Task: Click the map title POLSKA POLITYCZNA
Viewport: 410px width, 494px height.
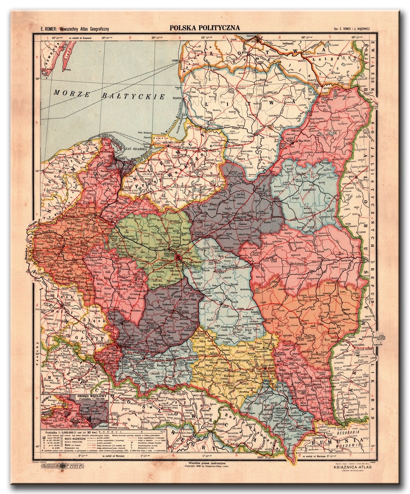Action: (204, 28)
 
